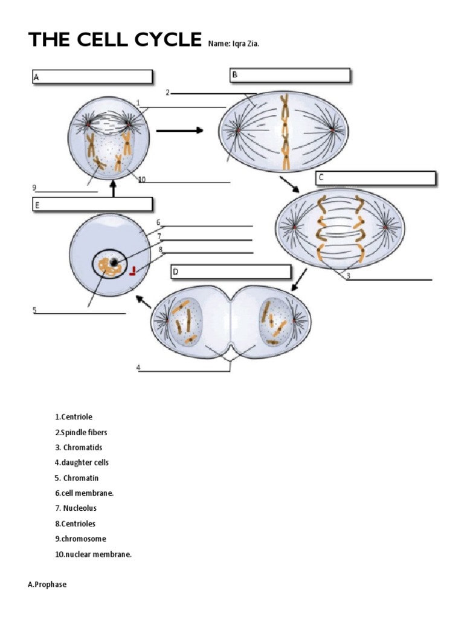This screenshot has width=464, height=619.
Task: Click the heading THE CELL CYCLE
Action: pyautogui.click(x=115, y=40)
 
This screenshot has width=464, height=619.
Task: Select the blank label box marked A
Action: pyautogui.click(x=92, y=77)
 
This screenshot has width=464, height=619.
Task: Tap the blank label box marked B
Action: pyautogui.click(x=289, y=76)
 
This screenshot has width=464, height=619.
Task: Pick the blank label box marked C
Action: pyautogui.click(x=375, y=178)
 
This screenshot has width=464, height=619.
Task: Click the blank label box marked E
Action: pyautogui.click(x=92, y=205)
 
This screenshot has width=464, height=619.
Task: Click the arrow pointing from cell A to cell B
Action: pyautogui.click(x=179, y=130)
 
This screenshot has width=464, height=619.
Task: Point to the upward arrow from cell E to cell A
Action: pyautogui.click(x=113, y=189)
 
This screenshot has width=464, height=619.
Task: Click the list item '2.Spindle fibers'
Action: pyautogui.click(x=81, y=432)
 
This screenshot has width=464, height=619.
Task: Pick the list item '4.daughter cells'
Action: pyautogui.click(x=82, y=462)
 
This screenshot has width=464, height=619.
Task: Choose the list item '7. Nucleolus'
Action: pyautogui.click(x=76, y=508)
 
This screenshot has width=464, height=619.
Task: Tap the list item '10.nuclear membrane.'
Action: pyautogui.click(x=93, y=554)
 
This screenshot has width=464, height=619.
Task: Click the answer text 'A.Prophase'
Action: pyautogui.click(x=47, y=585)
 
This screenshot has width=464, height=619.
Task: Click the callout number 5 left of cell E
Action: pyautogui.click(x=35, y=310)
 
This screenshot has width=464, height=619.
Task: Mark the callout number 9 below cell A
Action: pyautogui.click(x=35, y=187)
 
